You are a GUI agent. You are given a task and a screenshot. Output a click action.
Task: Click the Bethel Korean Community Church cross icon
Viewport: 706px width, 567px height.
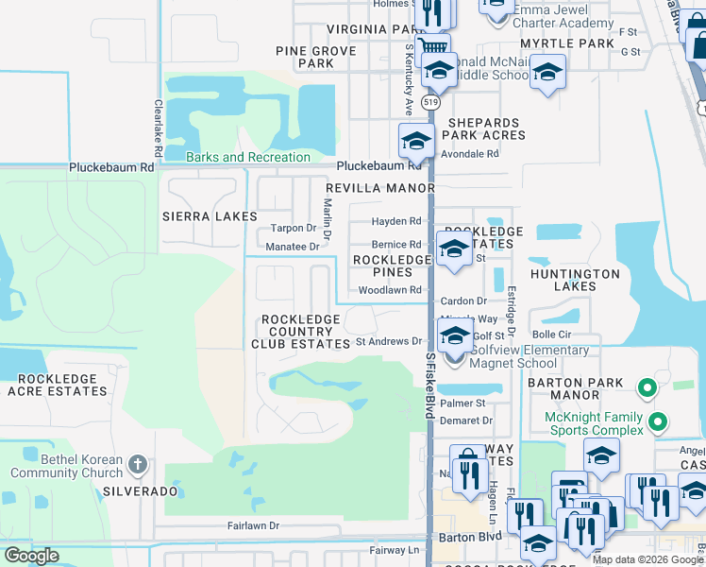[x=138, y=464]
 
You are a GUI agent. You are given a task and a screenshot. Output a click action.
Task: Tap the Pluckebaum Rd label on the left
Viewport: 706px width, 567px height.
[x=110, y=167]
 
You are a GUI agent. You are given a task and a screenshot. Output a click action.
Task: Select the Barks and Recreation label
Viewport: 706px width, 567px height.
[x=248, y=157]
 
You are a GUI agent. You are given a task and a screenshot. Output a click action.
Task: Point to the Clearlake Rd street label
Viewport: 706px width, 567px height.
[x=158, y=131]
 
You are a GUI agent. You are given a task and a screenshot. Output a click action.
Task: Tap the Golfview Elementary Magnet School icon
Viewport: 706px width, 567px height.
[x=455, y=338]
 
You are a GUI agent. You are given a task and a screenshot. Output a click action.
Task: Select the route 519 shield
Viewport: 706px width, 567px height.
[x=431, y=100]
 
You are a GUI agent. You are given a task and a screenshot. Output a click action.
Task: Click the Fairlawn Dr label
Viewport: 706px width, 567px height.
[x=253, y=525]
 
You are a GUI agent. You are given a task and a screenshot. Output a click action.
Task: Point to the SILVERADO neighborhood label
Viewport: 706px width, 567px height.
[x=141, y=491]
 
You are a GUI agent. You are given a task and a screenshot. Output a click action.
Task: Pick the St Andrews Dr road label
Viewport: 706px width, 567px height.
[x=389, y=341]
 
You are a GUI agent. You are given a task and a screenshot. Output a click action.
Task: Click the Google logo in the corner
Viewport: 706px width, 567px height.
[x=31, y=556]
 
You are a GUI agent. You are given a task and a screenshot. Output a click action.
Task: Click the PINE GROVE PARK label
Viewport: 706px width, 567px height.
[x=316, y=57]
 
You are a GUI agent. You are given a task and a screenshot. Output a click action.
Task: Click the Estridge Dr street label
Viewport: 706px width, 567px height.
[x=511, y=312]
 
